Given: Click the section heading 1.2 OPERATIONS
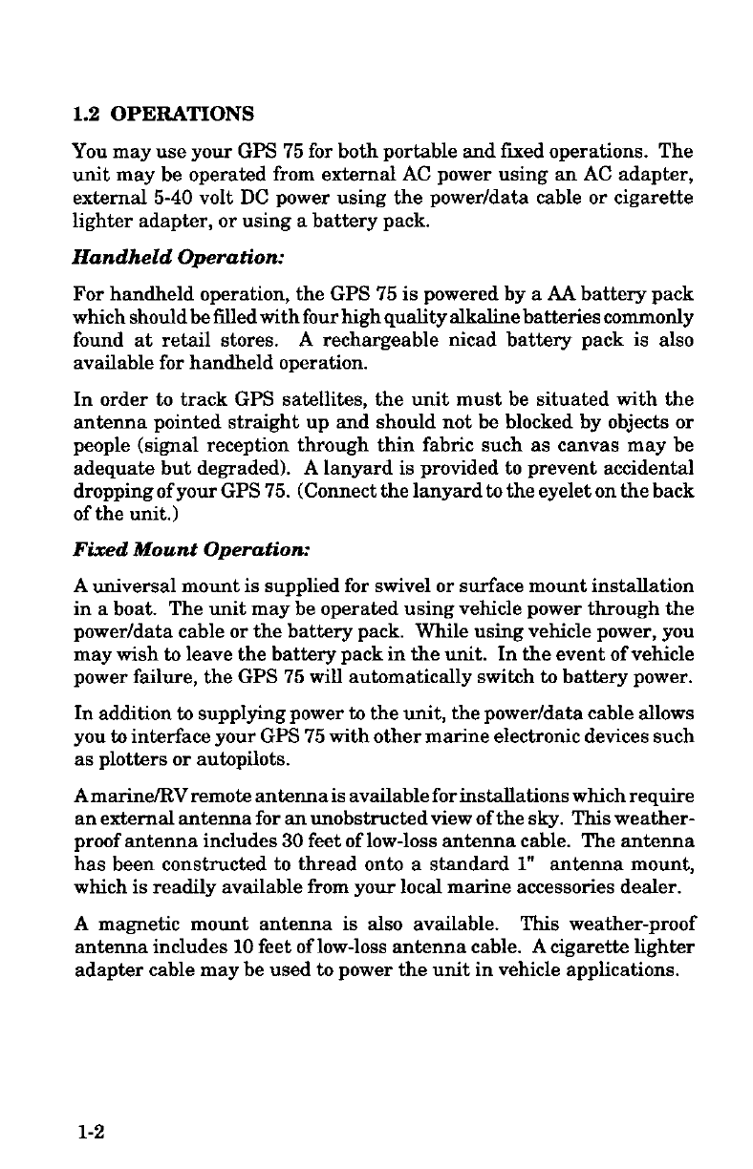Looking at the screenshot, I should pos(163,116).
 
